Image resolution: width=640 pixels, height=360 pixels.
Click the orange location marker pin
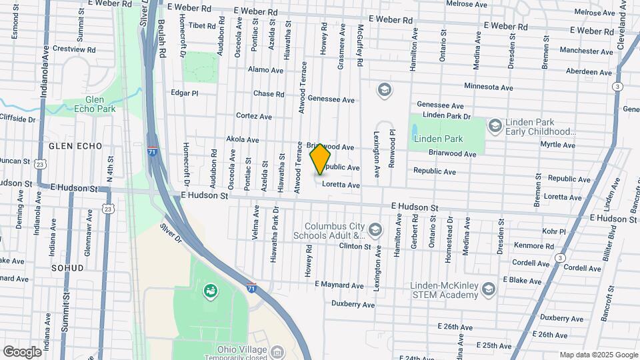click(x=321, y=157)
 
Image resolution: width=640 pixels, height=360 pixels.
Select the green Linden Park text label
click(x=438, y=139)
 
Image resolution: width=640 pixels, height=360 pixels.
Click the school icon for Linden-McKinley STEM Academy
click(x=489, y=288)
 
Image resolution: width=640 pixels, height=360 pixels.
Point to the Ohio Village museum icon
click(x=278, y=351)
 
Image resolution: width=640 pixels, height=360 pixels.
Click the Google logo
click(x=22, y=351)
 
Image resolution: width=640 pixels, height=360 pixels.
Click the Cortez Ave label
click(x=254, y=116)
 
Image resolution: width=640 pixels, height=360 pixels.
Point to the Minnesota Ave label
click(x=489, y=87)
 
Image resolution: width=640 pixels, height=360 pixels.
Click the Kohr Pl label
click(x=553, y=232)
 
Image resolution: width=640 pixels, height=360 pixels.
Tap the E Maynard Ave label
click(x=339, y=285)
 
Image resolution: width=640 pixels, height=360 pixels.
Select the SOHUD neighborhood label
click(x=67, y=268)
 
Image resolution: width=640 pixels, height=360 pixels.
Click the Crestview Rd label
click(x=74, y=49)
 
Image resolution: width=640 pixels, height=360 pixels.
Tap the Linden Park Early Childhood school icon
click(x=495, y=125)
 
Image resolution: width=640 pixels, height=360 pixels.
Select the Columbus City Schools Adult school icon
click(x=375, y=231)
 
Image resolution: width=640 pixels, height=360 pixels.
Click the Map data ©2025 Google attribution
click(x=599, y=355)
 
